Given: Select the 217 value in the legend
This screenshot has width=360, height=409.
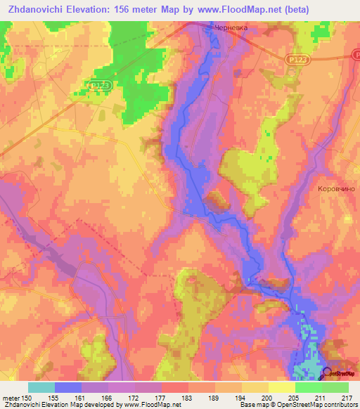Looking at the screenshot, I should tap(344, 397).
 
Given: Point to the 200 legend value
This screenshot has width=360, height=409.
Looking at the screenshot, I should tap(265, 397).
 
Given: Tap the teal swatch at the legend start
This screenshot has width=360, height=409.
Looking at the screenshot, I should tap(41, 387).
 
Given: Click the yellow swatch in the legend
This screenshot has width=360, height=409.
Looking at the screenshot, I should tap(281, 387).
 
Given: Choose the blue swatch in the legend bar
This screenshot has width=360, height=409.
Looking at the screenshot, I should tap(68, 387).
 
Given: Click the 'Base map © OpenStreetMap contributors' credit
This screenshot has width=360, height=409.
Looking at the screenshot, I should tap(298, 405).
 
